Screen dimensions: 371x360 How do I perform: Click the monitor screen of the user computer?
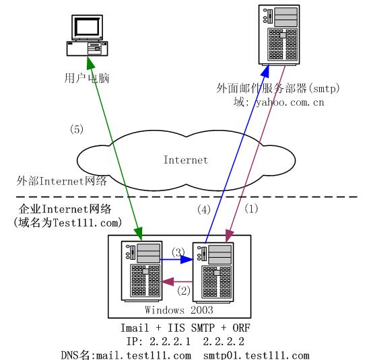click(x=87, y=26)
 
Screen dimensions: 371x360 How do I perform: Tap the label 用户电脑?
click(x=87, y=78)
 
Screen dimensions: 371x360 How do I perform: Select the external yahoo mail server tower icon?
click(x=279, y=35)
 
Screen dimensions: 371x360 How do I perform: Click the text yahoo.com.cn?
click(x=290, y=102)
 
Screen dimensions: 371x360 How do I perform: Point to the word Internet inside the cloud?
click(x=186, y=160)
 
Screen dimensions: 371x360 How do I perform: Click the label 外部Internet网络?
click(x=61, y=181)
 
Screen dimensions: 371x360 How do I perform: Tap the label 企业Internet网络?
click(x=65, y=209)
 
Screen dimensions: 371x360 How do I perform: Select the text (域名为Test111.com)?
click(x=68, y=223)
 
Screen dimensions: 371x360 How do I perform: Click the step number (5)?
click(x=77, y=129)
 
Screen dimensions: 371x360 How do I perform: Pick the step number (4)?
click(x=204, y=209)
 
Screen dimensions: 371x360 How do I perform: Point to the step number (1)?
click(x=251, y=209)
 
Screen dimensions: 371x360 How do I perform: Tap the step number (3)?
click(x=178, y=252)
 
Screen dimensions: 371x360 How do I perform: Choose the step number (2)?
click(x=184, y=290)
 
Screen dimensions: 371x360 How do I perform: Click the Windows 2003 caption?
click(x=179, y=310)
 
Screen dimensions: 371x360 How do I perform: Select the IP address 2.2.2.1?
click(x=170, y=341)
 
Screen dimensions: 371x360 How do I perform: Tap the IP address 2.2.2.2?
click(x=224, y=341)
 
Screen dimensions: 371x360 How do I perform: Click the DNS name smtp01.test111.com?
click(x=257, y=355)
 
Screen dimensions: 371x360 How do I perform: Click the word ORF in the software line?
click(x=241, y=328)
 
